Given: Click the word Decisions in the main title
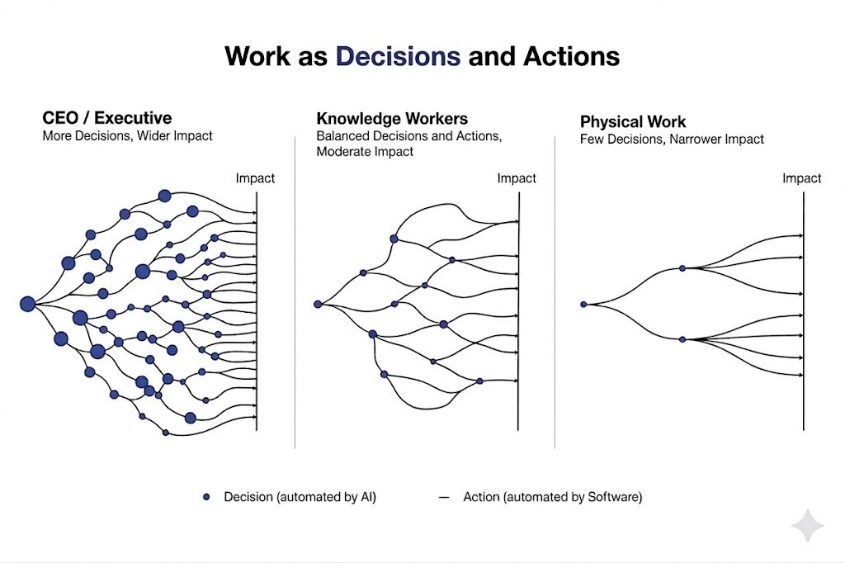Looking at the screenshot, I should (x=398, y=56).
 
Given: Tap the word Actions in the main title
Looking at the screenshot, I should (x=566, y=56).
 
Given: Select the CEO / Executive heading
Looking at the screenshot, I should (x=107, y=118).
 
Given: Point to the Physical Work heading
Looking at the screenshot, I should (x=633, y=122).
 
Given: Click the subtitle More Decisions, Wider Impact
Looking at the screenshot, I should (x=127, y=135).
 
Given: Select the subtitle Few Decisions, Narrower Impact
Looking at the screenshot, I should (x=672, y=139).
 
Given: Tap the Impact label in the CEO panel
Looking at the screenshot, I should (x=255, y=178).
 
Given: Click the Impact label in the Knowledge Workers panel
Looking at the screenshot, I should (x=517, y=178).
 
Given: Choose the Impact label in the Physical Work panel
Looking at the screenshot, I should (x=801, y=178).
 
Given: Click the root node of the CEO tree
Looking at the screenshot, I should (x=27, y=304).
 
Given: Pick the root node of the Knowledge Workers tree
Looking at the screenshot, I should (x=318, y=304).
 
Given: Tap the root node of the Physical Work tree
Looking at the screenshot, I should (x=583, y=304).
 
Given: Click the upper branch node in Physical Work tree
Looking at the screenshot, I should (x=682, y=268).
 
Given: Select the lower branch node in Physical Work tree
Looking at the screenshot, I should (x=682, y=339).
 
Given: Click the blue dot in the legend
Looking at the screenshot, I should (x=206, y=497).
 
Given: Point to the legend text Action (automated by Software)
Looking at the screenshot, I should (x=552, y=497).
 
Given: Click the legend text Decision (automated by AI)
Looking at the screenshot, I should (x=300, y=497).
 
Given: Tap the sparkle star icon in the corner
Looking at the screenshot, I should (x=806, y=526).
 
